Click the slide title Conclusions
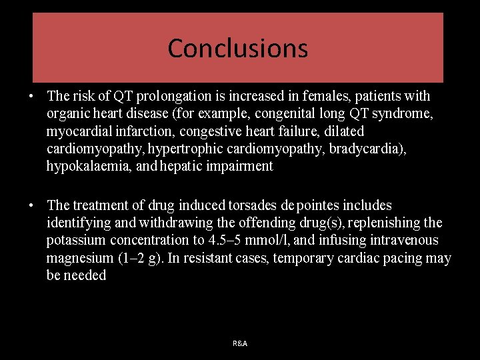pyautogui.click(x=237, y=48)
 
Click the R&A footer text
pyautogui.click(x=240, y=343)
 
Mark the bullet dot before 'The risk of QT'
pyautogui.click(x=32, y=97)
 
